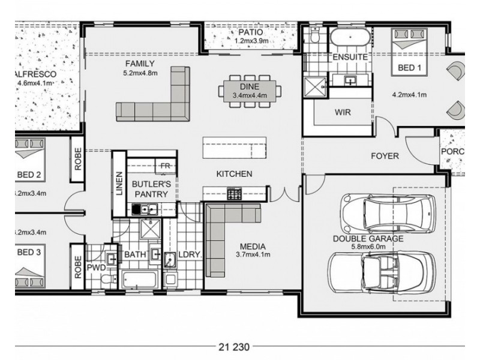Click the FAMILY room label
tap(140, 64)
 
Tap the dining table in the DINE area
tap(250, 91)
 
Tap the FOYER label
tap(385, 156)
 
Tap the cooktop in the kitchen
tap(234, 193)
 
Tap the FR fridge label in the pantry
tap(164, 165)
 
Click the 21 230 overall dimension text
tap(235, 347)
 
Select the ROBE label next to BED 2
tap(77, 159)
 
